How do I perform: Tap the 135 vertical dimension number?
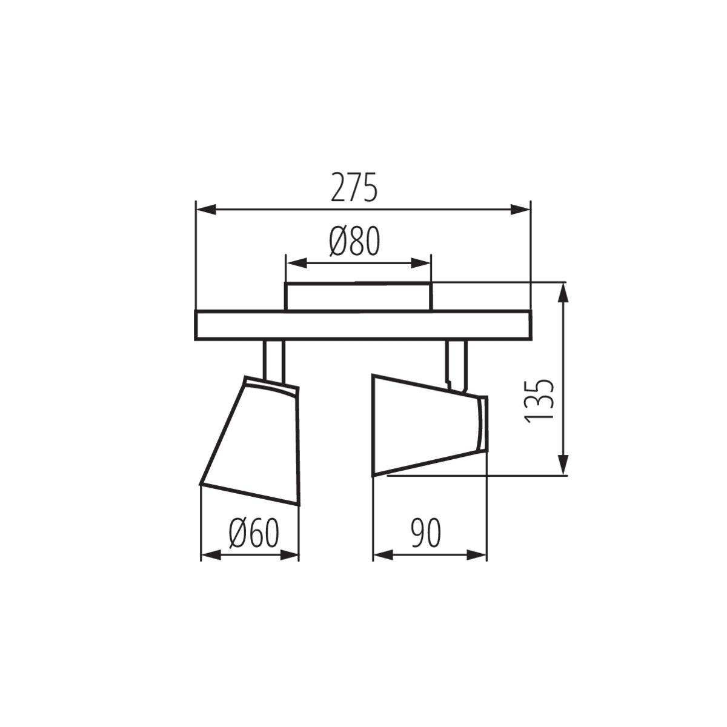coord(538,401)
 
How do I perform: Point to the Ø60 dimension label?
coord(254,533)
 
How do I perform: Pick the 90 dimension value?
coord(426,533)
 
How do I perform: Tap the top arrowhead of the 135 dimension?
coord(564,294)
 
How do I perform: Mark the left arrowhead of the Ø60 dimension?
coord(210,554)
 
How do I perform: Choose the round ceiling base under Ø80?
coord(359,297)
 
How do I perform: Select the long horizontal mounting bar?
coord(362,325)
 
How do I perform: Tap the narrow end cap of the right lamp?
coord(482,424)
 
